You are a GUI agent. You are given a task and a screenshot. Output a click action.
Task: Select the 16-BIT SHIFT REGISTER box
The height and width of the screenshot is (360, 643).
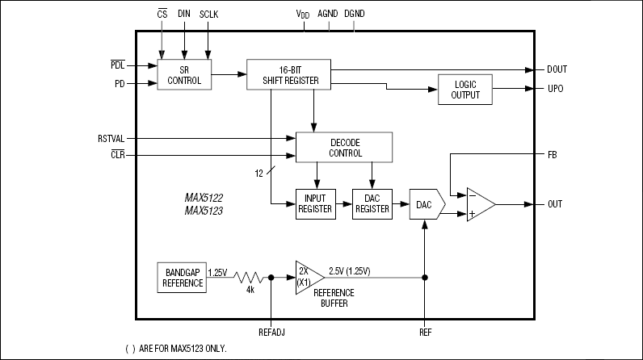290,74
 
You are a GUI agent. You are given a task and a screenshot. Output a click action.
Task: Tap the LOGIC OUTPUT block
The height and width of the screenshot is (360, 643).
464,89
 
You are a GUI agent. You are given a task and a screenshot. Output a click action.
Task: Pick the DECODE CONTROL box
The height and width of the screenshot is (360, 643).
344,147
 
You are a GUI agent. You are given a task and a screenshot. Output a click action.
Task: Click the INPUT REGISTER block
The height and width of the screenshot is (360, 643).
316,203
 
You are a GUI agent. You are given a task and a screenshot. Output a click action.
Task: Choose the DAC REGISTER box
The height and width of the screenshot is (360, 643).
372,203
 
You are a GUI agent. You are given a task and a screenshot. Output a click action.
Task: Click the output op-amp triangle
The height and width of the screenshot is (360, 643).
479,204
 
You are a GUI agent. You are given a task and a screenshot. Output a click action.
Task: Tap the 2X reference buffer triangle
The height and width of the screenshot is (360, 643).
308,277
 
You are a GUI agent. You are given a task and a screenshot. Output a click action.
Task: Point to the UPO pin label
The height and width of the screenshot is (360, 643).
556,89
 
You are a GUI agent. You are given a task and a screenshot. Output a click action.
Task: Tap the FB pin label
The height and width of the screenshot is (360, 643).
553,153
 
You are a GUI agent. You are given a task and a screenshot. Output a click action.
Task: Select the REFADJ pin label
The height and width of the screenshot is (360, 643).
271,331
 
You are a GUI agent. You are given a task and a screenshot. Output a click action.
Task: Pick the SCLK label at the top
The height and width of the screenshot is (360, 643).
208,15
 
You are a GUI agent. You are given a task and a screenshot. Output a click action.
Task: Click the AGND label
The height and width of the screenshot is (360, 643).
328,15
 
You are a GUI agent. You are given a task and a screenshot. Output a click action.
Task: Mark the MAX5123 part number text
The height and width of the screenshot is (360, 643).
204,211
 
